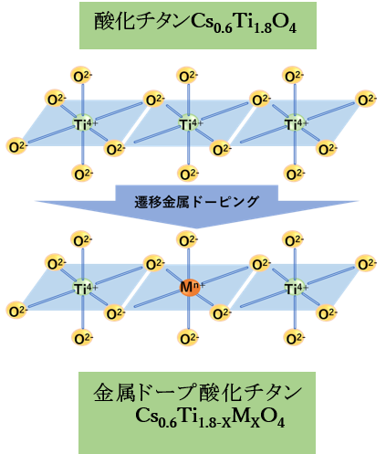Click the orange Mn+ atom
click(190, 288)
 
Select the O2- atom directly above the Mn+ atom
click(187, 240)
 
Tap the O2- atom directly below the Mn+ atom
click(188, 338)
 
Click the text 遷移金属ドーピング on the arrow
click(197, 202)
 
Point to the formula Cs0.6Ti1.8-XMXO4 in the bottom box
click(210, 417)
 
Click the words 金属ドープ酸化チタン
click(197, 393)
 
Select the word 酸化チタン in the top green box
click(141, 21)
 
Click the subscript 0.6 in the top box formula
click(223, 28)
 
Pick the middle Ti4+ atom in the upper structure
click(190, 123)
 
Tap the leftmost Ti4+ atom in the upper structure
click(84, 123)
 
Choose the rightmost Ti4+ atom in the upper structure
click(296, 123)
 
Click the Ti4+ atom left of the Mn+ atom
click(84, 288)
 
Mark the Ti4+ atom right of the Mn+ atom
click(296, 288)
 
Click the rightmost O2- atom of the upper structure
click(366, 100)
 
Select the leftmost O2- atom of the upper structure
click(16, 146)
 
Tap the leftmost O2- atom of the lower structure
click(16, 311)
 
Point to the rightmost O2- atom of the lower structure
click(366, 264)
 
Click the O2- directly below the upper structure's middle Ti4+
click(188, 174)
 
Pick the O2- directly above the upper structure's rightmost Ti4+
click(293, 76)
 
